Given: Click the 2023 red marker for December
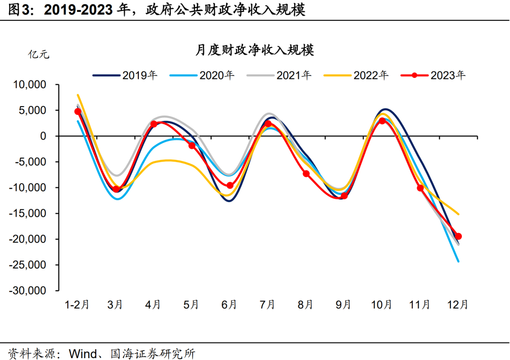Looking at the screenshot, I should click(x=458, y=236).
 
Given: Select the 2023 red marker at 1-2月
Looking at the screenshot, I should click(x=78, y=112).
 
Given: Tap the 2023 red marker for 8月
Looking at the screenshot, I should click(x=306, y=174).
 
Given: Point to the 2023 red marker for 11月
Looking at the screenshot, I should click(x=420, y=188).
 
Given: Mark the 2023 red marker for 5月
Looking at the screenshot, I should click(x=192, y=146).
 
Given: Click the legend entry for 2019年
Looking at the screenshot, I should click(x=125, y=75).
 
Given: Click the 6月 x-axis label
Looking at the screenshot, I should click(x=229, y=305).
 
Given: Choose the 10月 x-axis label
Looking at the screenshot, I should click(x=382, y=305).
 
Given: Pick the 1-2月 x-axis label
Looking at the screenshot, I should click(x=77, y=305).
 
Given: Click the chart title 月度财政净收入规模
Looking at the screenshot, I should click(x=255, y=50).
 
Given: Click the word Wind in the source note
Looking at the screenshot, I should click(x=83, y=352).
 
